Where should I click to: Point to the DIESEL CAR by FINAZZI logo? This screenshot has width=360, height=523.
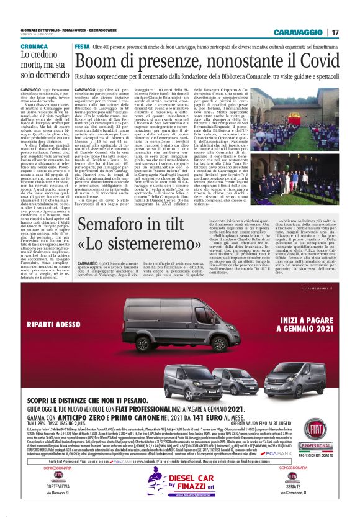pyautogui.click(x=180, y=495)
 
